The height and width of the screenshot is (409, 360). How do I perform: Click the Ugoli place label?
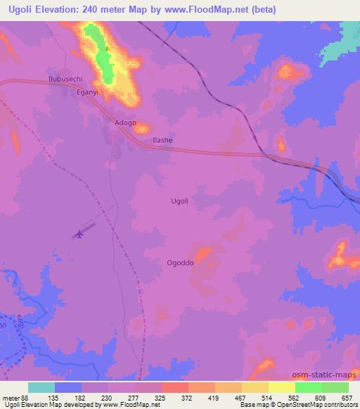(180, 201)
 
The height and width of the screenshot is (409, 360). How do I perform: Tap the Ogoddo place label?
(180, 263)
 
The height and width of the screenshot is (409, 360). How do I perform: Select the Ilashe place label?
(162, 141)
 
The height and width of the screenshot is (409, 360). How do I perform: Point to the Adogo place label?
(125, 122)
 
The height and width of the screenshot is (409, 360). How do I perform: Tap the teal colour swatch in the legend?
(41, 387)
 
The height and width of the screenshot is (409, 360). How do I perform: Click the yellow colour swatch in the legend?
(281, 387)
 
